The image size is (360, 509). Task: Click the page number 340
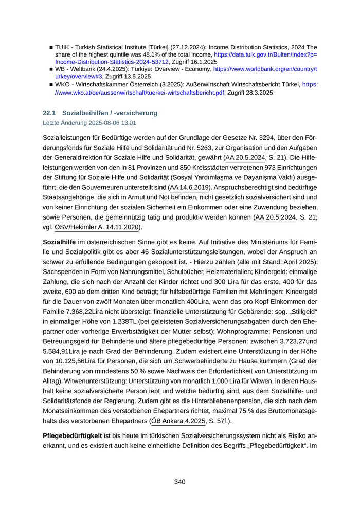click(x=179, y=482)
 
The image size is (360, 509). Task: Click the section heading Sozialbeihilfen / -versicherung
click(x=110, y=113)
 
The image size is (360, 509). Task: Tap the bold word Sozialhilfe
click(x=59, y=242)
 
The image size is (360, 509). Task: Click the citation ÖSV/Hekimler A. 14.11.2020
click(x=97, y=227)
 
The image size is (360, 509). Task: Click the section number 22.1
click(x=49, y=113)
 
